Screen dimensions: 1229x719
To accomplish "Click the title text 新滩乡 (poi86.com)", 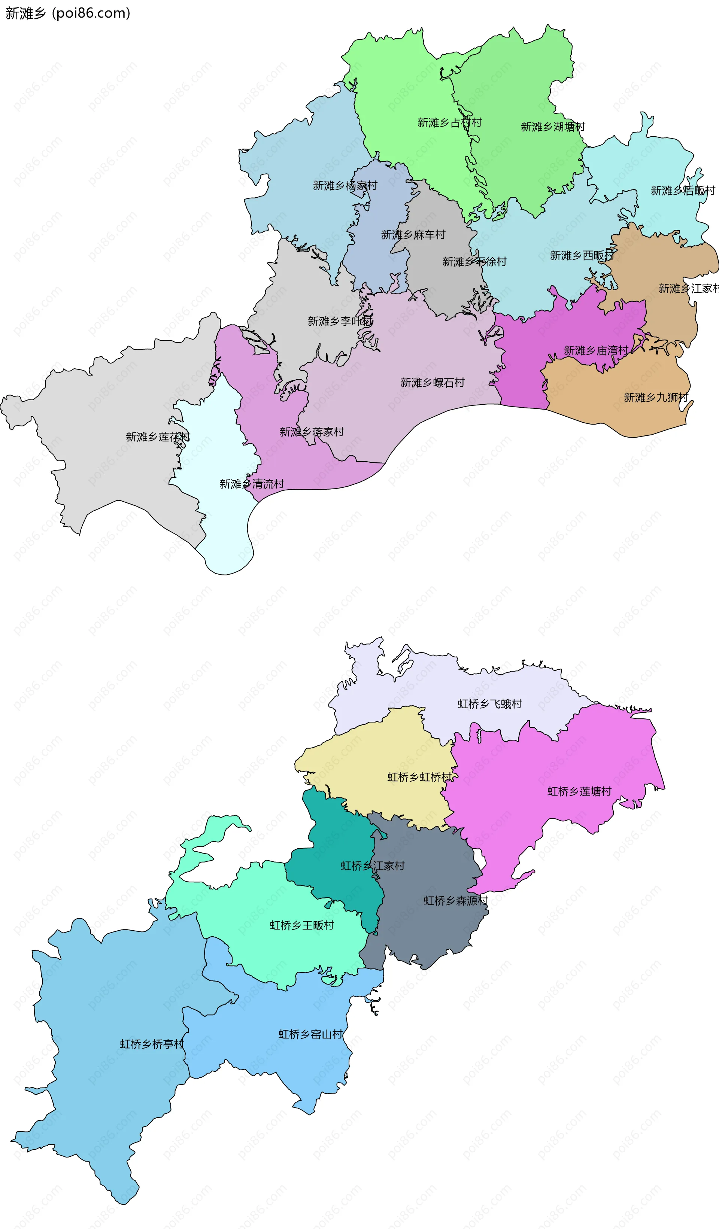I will [x=68, y=13].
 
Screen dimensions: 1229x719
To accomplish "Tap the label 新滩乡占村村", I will [x=449, y=122].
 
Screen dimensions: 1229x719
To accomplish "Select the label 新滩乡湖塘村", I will [x=553, y=127].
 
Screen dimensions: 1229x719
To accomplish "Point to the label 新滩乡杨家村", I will [x=345, y=185].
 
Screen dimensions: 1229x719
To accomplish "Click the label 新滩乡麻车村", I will [x=413, y=235].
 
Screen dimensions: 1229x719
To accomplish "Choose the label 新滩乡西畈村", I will [x=582, y=255].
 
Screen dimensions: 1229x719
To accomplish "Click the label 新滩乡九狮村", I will [x=656, y=398].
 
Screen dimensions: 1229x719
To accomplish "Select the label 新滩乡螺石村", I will [x=432, y=382].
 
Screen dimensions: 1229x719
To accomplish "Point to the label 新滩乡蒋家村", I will [x=312, y=432].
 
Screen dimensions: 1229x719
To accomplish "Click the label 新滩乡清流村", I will [x=251, y=484].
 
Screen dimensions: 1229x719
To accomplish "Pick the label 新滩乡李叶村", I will [x=340, y=321].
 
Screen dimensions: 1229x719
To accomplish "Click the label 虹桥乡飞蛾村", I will [x=489, y=704].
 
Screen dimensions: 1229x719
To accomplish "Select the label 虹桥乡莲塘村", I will [x=579, y=791].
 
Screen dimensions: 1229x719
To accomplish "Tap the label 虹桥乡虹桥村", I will [x=419, y=777].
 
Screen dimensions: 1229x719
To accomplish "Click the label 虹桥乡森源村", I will [x=455, y=900].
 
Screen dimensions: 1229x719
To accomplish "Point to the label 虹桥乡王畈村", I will [x=301, y=925].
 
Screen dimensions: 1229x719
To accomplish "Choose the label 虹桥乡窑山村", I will [x=310, y=1034].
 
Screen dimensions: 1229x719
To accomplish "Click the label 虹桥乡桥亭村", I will [x=152, y=1044].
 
